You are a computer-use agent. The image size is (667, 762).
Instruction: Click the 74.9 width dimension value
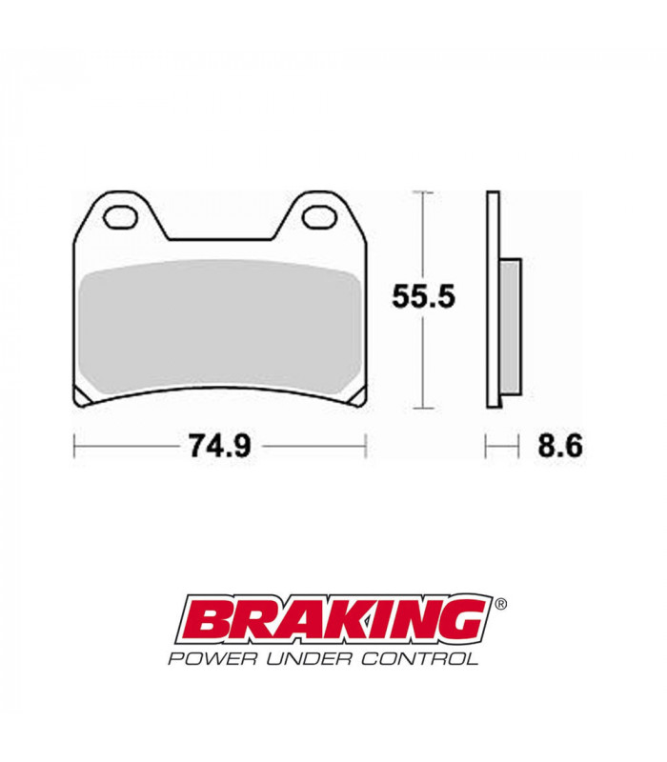click(218, 446)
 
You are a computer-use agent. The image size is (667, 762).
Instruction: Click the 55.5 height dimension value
click(424, 296)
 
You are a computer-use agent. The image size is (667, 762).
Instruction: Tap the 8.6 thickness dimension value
click(558, 446)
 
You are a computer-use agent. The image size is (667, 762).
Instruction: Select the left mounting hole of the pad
click(120, 218)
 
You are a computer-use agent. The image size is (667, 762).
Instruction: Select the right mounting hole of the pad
click(315, 218)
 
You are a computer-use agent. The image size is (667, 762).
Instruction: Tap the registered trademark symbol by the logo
click(501, 604)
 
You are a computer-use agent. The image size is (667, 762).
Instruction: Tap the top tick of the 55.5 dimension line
click(423, 192)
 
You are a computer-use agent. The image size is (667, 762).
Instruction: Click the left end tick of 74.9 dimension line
click(75, 446)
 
